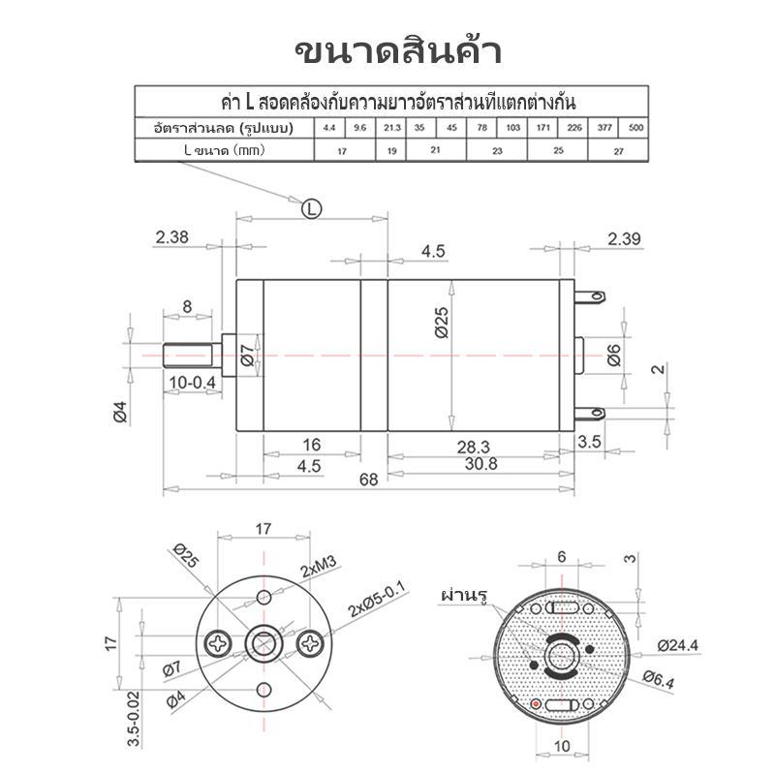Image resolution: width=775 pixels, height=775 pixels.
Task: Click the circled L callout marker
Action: point(311,208)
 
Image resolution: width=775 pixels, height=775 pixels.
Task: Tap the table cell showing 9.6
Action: point(359,128)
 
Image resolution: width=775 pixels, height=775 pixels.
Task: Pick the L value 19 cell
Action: point(391,150)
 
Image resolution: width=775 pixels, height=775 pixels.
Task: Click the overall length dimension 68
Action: point(369,480)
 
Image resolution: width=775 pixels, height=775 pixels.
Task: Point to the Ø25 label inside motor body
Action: point(443,323)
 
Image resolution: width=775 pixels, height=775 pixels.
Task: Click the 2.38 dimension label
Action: point(172,237)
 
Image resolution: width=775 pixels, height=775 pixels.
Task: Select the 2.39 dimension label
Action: point(624,238)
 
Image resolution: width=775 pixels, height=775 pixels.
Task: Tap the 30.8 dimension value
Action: point(480,464)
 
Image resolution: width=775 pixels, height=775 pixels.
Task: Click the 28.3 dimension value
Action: point(474,447)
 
